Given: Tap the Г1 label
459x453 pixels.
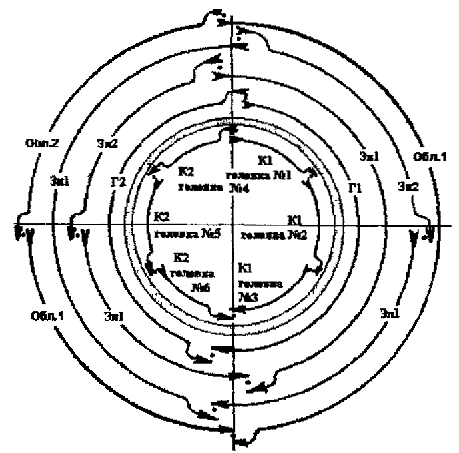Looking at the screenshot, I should coord(354,187).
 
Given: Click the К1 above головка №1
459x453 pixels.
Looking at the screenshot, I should coord(263,161).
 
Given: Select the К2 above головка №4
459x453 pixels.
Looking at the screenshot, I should coord(186,171).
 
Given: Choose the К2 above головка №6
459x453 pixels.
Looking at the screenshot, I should coord(180,256).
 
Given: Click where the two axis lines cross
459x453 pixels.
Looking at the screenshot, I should coord(231,225).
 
